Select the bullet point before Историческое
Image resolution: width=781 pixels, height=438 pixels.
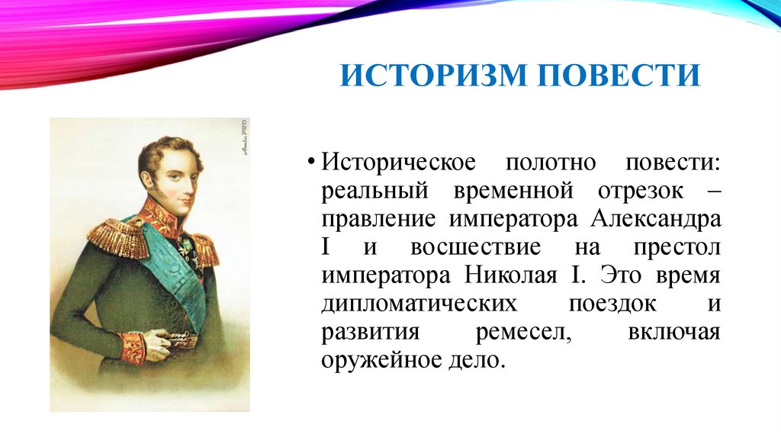coord(312,165)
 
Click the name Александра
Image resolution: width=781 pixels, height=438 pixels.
coord(654,220)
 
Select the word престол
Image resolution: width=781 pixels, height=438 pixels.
coord(677,247)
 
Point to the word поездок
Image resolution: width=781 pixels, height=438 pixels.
coord(612,302)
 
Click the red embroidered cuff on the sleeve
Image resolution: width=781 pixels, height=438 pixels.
coord(133,346)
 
